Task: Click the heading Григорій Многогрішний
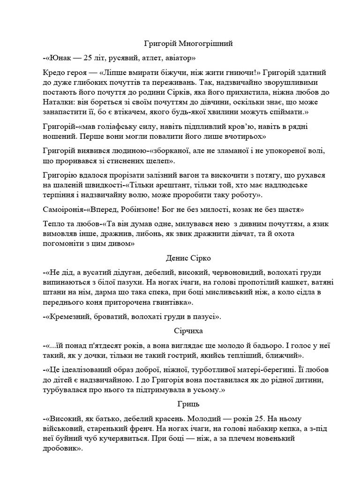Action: point(188,44)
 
